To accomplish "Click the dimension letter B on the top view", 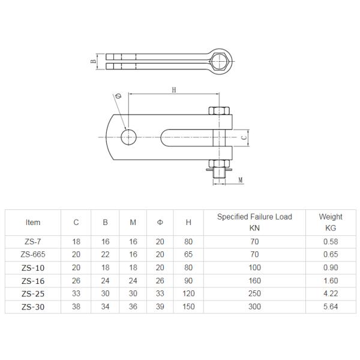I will tap(94, 62).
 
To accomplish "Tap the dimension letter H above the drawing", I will tap(173, 90).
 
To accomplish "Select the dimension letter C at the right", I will tap(243, 137).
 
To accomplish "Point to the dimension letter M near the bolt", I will tap(239, 179).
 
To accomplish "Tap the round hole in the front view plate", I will tap(128, 136).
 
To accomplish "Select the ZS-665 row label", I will tap(33, 254).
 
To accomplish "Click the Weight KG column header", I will tap(331, 222).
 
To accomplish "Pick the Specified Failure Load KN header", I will tap(254, 222).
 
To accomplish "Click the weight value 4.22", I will tap(331, 294).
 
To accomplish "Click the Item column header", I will tap(33, 222).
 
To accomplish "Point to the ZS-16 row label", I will tap(33, 280).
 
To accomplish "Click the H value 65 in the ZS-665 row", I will tap(188, 254).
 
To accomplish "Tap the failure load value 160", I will tap(254, 280).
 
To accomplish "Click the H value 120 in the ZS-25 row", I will tap(188, 294).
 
